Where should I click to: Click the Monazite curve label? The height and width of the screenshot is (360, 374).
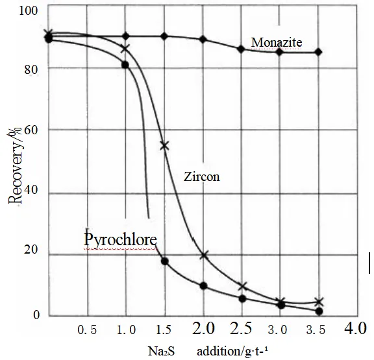click(x=276, y=42)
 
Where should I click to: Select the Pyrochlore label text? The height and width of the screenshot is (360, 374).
click(x=120, y=239)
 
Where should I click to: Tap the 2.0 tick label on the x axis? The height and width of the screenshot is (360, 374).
click(x=203, y=328)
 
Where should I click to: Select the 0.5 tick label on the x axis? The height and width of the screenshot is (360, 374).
click(x=88, y=330)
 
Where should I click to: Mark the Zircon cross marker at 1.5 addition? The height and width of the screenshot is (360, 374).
click(x=164, y=145)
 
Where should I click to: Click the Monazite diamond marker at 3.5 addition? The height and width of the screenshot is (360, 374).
click(x=318, y=52)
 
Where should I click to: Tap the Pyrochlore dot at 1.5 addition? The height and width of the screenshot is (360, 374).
click(x=165, y=261)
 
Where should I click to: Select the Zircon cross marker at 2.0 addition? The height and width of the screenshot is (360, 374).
click(x=204, y=255)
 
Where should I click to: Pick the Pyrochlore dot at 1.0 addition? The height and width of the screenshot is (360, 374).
click(x=125, y=65)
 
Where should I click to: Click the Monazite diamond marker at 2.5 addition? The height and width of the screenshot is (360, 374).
click(x=241, y=49)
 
